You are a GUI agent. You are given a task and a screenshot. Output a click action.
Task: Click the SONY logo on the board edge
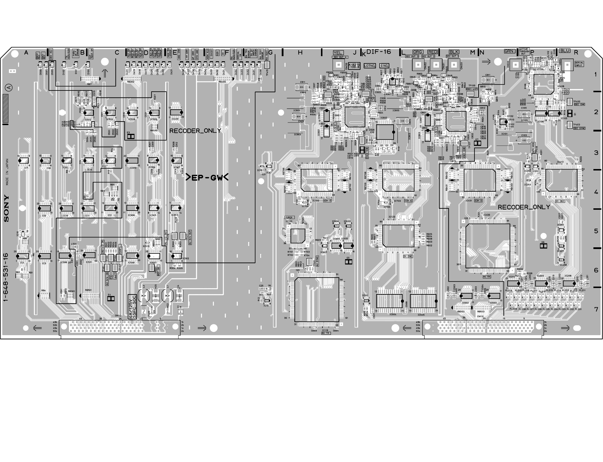6,209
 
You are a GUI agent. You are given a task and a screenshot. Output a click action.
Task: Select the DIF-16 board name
379,52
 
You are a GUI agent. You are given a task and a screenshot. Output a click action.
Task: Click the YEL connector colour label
338,53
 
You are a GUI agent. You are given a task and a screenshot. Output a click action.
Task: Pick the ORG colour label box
418,52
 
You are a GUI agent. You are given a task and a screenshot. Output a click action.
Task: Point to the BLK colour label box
454,52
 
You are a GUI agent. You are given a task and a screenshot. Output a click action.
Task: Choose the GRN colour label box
509,51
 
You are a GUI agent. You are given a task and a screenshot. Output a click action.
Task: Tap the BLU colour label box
565,51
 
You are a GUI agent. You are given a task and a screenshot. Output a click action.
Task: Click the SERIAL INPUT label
579,64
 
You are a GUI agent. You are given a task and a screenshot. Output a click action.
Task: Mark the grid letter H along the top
300,53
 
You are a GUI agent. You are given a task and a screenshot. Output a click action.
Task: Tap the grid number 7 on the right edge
596,309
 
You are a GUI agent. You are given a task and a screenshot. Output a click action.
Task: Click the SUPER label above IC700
289,217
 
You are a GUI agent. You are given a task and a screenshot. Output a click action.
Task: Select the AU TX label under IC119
326,333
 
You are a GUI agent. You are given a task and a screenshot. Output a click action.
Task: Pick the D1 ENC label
408,256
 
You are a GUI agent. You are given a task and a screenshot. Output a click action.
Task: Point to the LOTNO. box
370,66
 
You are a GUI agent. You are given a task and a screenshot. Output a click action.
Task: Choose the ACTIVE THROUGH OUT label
524,51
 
